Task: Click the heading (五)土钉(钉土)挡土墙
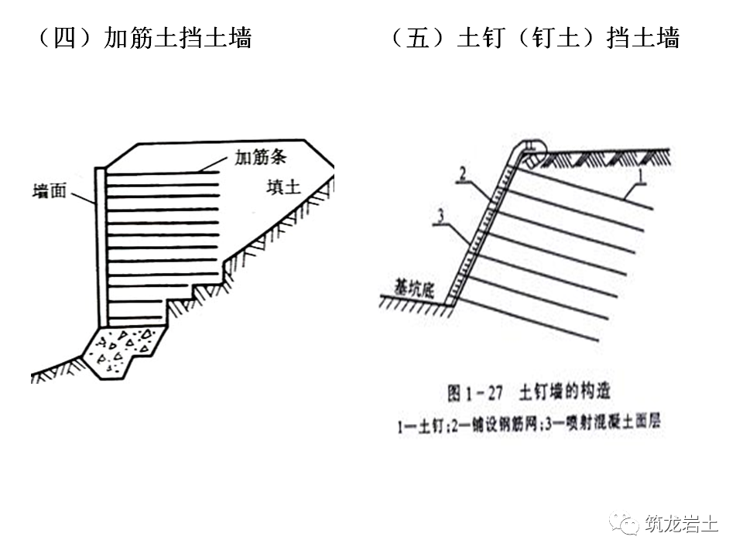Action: pyautogui.click(x=535, y=39)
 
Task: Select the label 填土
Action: pyautogui.click(x=282, y=186)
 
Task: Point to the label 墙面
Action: pyautogui.click(x=50, y=191)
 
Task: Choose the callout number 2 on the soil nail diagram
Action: pyautogui.click(x=461, y=175)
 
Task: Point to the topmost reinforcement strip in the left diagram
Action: pyautogui.click(x=163, y=175)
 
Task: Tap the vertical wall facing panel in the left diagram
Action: pyautogui.click(x=101, y=244)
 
